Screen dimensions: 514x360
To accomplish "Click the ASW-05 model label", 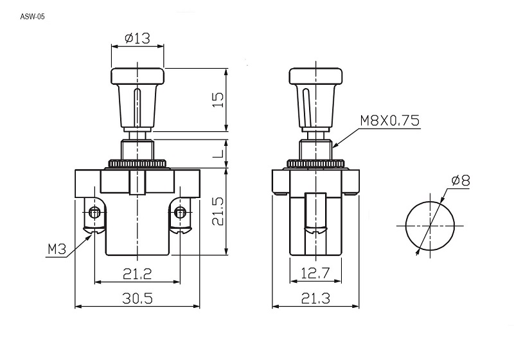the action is coord(32,17).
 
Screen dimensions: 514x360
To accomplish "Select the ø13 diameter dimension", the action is coord(137,39).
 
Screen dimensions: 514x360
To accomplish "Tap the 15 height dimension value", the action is coord(218,100).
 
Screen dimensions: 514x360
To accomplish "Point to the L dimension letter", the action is coord(218,153).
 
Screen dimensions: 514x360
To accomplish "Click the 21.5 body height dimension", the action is coord(218,211).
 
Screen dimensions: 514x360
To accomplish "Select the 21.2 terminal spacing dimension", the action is coord(137,274).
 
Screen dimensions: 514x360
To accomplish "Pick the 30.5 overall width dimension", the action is coord(137,298).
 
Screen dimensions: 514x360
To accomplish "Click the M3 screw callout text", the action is coord(57,249).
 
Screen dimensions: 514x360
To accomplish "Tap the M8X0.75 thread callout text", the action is coord(390,121).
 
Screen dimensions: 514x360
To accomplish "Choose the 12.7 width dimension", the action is coord(315,273).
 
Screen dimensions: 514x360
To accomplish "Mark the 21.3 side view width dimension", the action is coord(315,298).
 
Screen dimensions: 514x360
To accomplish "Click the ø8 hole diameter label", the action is coord(461,181).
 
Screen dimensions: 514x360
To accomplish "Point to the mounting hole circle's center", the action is coord(430,226).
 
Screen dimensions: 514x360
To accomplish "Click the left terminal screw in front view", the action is coord(94,213).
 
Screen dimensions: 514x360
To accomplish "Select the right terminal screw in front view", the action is coord(180,213).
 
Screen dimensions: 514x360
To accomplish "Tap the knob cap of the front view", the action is coord(137,76).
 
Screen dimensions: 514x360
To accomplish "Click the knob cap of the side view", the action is coord(315,76).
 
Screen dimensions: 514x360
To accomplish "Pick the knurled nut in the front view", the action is coord(137,163).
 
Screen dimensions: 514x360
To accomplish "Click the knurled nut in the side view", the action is coord(315,163).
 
